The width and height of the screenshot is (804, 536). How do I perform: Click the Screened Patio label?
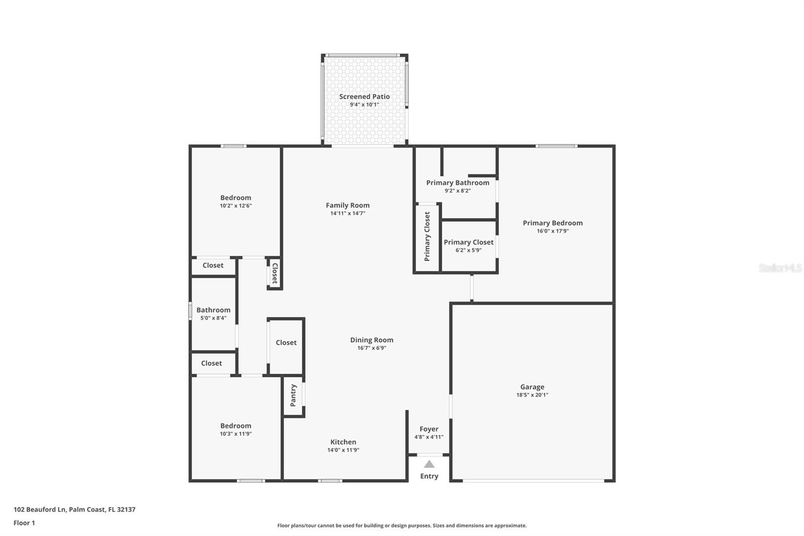pos(364,97)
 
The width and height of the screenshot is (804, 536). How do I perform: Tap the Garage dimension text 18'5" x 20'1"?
pos(532,395)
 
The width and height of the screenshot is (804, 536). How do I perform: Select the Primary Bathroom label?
pos(457,183)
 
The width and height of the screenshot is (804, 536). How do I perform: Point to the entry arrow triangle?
pos(429,464)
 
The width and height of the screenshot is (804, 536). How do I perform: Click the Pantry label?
pos(293,395)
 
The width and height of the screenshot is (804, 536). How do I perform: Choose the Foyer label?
pos(429,429)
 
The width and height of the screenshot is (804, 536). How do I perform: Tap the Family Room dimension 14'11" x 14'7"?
pos(347,213)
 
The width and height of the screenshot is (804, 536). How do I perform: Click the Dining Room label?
pos(371,340)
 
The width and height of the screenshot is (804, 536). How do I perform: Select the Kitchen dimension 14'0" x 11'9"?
pos(343,450)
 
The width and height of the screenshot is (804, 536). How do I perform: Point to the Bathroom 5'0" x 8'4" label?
pos(213,310)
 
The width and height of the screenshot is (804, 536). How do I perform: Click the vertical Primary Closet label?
pos(427,236)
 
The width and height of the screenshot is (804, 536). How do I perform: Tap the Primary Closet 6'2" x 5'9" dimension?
pos(468,250)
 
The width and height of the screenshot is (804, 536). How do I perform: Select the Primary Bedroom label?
pos(552,223)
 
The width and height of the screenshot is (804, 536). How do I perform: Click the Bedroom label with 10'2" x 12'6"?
pos(235,198)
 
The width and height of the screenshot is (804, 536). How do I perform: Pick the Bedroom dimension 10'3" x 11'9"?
pos(235,433)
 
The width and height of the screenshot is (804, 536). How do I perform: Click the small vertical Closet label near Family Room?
pos(275,274)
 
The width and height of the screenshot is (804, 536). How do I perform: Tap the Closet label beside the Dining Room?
pos(286,342)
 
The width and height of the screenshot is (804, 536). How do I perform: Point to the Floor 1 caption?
pos(24,523)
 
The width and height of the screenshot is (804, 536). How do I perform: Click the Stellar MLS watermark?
pos(780,268)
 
